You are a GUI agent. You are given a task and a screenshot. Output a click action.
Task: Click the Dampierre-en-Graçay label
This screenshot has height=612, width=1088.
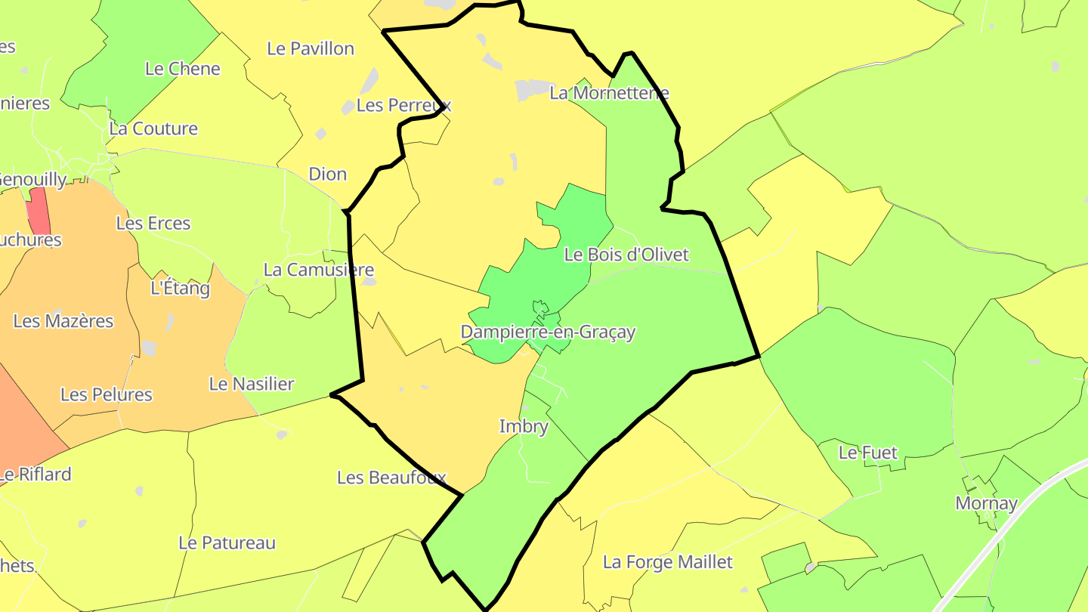click(548, 332)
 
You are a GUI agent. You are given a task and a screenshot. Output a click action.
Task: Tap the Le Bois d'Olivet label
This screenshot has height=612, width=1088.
click(626, 255)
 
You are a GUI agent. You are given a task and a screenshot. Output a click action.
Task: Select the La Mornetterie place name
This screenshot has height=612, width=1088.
click(609, 93)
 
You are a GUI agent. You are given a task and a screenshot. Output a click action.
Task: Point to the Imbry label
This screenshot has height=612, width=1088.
click(524, 426)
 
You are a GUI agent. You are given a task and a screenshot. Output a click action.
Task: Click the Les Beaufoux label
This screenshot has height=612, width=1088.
click(391, 478)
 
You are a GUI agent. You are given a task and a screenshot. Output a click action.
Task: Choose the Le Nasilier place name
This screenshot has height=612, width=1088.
click(252, 384)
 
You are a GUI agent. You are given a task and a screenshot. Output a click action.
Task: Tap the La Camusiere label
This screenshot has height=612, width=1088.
click(319, 270)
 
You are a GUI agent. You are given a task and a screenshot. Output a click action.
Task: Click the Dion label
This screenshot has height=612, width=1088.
click(328, 174)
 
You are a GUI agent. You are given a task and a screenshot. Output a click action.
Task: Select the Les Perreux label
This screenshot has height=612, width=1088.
click(403, 105)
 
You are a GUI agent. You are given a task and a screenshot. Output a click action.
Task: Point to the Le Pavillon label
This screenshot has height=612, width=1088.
click(311, 48)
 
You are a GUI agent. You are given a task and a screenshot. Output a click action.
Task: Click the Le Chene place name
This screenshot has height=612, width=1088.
click(183, 69)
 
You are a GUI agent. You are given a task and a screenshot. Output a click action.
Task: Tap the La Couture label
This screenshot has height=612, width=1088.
click(153, 128)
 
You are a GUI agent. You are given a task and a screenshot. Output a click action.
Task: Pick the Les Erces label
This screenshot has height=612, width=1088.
click(153, 224)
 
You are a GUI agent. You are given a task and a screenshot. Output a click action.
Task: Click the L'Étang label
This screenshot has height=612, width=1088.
click(181, 288)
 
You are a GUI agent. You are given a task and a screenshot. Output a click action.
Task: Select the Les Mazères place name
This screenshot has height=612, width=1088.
click(63, 321)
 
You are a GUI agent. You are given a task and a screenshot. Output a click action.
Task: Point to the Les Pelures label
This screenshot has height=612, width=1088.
click(107, 394)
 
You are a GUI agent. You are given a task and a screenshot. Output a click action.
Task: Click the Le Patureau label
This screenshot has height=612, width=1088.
click(227, 542)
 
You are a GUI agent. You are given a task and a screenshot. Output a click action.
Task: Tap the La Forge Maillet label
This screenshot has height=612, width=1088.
click(668, 562)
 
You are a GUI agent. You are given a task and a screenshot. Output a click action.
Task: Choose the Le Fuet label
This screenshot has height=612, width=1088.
click(868, 453)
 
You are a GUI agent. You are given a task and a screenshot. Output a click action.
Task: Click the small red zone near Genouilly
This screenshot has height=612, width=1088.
click(39, 211)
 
